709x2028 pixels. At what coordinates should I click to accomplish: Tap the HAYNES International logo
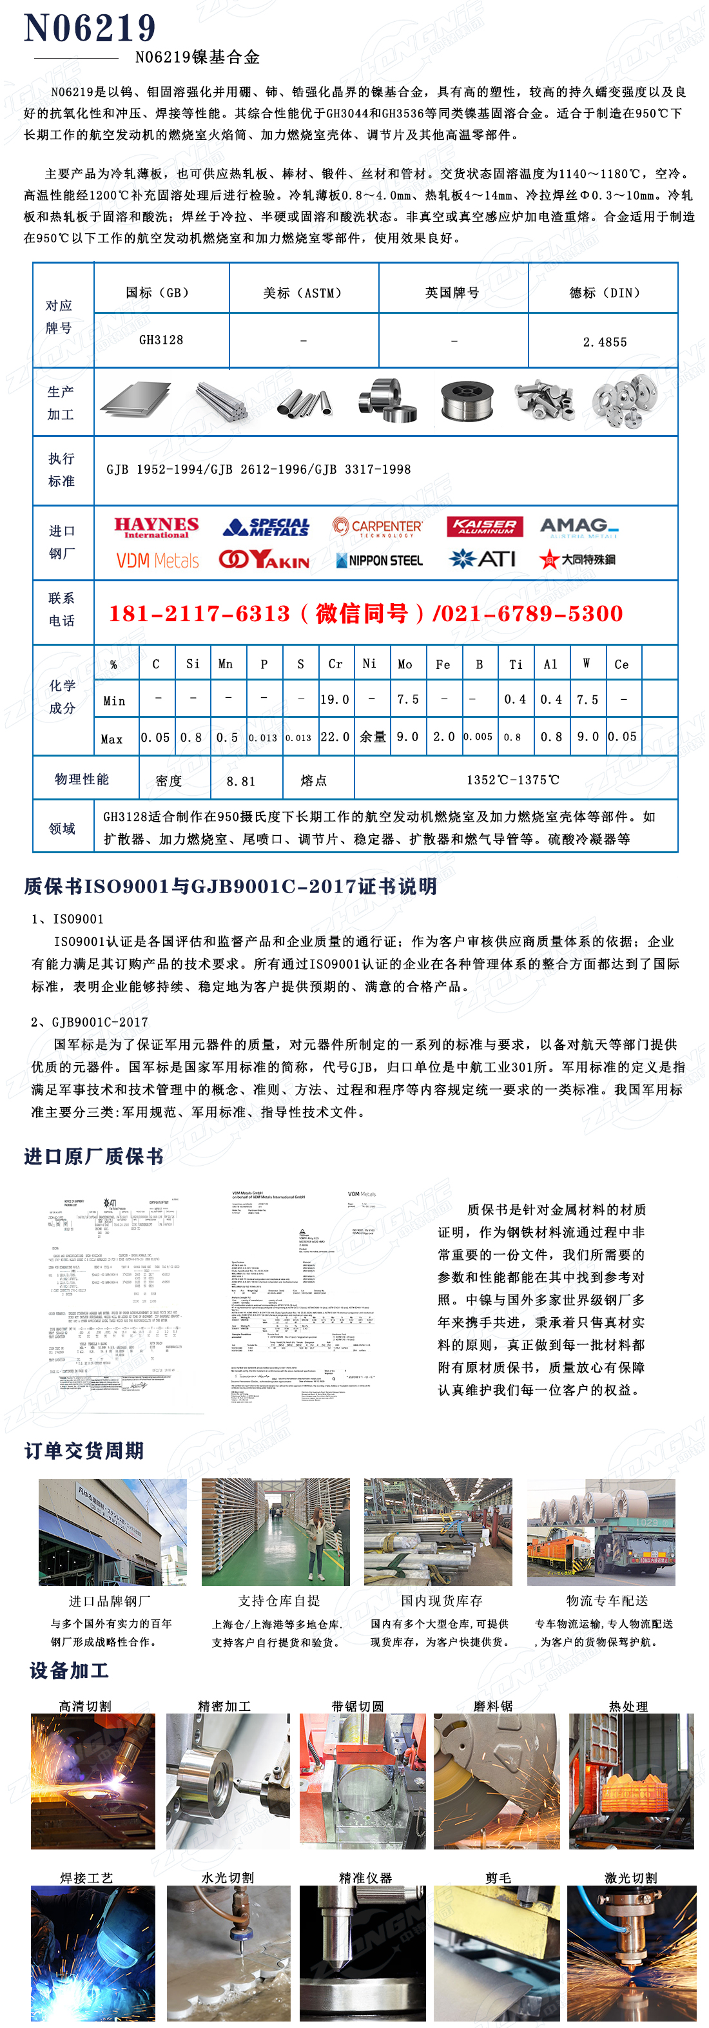pos(156,526)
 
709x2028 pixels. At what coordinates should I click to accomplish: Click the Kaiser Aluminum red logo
pos(485,526)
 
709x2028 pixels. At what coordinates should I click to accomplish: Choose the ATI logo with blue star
pos(482,559)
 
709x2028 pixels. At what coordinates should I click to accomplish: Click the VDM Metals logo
pos(157,560)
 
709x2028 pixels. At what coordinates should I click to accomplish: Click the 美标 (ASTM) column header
pos(304,293)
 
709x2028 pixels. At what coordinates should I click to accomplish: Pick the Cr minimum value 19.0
pos(335,699)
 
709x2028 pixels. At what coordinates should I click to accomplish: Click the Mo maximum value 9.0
pos(407,737)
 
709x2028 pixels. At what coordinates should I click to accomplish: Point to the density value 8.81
pos(241,781)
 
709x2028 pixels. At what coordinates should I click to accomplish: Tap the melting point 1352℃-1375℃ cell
pos(513,779)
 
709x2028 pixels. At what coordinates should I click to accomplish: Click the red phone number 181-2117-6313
pos(199,613)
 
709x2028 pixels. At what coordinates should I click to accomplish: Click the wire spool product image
pos(467,401)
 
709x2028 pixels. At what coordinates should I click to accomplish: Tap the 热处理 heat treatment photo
pos(631,1780)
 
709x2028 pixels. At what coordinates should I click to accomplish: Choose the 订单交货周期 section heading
pos(84,1450)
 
